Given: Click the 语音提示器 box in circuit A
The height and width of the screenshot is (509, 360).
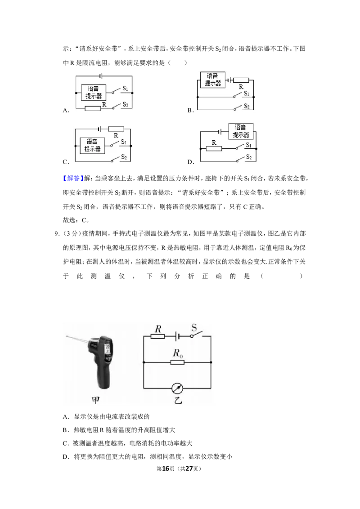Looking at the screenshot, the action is coord(94,93).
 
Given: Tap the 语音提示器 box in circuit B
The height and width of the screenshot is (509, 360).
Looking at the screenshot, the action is coord(213,80).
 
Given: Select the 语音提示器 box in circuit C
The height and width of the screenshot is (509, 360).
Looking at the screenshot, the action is coord(92,145).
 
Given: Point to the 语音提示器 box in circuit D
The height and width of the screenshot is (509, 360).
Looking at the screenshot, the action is coord(241,131).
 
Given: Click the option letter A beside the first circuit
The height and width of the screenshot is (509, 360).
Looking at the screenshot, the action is coord(66,110).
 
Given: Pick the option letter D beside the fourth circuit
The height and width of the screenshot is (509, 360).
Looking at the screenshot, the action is coord(190,162).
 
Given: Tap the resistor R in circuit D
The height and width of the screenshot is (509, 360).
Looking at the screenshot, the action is coord(214,149).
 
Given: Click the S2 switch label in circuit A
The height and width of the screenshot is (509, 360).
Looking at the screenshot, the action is coord(125,104).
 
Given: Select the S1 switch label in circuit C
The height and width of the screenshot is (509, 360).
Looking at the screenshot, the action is coord(124,142).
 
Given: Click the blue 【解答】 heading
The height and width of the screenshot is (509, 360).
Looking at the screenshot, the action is coord(73,178).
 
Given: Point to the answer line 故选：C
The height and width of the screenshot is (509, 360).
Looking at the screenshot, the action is coord(76,220).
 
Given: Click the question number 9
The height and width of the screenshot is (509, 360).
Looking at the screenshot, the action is coord(57,234).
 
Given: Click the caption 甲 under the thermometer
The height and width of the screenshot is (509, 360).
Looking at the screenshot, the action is coord(95,400).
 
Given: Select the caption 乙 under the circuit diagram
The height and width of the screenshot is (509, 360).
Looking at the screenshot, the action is coord(178,400).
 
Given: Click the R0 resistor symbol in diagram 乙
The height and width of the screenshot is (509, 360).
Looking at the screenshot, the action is coord(177,362).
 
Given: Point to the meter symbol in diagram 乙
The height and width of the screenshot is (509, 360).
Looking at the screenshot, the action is coord(177,388).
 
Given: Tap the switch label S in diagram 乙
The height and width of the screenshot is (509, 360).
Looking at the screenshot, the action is coord(194,328).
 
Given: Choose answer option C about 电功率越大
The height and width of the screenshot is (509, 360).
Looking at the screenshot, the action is coord(127,443).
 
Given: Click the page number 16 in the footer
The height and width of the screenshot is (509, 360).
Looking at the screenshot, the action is coord(166,469).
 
